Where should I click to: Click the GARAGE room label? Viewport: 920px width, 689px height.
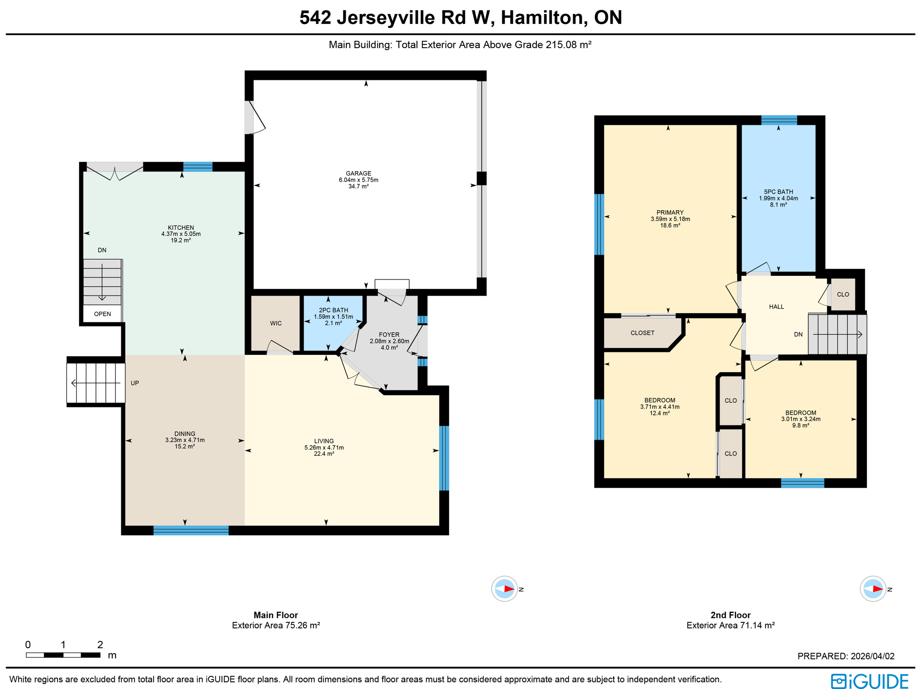click(358, 173)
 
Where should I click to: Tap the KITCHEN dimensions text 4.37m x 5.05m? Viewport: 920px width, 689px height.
click(181, 234)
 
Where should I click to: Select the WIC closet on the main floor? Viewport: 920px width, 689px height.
click(275, 323)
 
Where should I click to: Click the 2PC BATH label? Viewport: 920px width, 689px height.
click(333, 310)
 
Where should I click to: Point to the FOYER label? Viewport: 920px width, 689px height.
click(389, 335)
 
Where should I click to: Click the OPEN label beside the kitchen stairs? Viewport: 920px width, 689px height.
click(102, 314)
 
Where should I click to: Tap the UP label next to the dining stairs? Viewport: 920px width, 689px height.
click(134, 383)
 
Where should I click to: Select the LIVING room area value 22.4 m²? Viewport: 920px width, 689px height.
click(323, 454)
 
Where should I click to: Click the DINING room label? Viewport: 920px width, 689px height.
click(185, 434)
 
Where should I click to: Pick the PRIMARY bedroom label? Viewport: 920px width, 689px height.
click(670, 212)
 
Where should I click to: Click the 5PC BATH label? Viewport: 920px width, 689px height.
click(778, 192)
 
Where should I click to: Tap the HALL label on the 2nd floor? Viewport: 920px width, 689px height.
click(776, 307)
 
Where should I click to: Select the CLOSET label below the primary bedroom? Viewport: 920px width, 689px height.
click(642, 333)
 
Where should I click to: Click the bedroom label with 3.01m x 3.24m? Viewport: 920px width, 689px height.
click(801, 413)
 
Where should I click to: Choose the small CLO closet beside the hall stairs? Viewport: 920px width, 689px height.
click(843, 295)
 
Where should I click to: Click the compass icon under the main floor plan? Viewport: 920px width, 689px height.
click(504, 588)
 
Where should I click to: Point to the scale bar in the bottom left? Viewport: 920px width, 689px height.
click(63, 655)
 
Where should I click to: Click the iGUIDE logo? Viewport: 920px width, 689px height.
click(869, 680)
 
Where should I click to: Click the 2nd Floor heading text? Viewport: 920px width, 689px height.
click(730, 615)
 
